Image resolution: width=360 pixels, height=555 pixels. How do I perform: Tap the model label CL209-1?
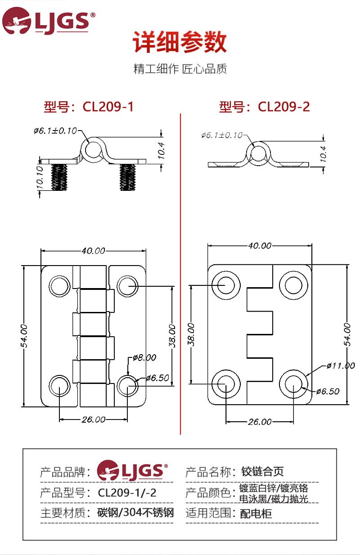tap(89, 107)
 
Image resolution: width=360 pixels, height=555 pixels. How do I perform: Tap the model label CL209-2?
tap(264, 107)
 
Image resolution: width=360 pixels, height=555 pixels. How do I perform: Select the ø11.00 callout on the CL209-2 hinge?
tap(340, 365)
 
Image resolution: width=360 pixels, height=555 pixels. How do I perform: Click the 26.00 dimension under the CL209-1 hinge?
tap(93, 419)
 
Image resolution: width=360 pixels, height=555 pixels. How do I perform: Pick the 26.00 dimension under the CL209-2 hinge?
tap(260, 422)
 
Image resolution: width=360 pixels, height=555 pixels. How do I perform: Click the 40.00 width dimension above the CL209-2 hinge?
tap(260, 246)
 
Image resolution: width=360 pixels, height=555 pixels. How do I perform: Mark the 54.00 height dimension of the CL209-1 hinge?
tap(24, 335)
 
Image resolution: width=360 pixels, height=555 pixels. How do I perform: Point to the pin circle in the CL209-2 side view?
tap(258, 153)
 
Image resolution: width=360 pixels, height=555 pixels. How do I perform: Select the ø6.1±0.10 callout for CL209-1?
tap(55, 131)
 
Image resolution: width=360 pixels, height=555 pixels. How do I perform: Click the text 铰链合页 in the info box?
tap(262, 471)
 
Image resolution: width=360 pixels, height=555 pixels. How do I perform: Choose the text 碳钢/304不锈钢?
tap(135, 513)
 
